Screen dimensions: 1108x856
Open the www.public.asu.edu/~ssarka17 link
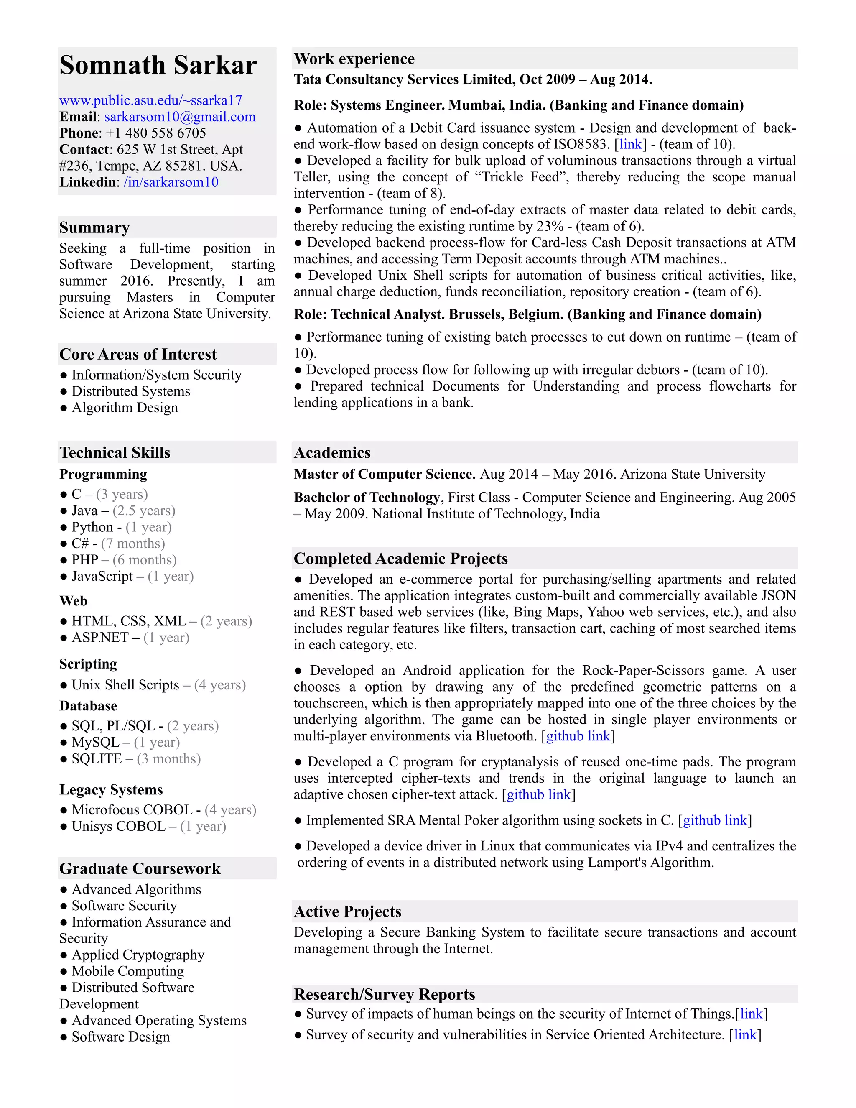click(150, 100)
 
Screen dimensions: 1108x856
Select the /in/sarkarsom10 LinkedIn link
click(171, 182)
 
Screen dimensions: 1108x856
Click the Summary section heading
click(94, 227)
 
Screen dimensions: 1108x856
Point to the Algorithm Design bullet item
click(124, 408)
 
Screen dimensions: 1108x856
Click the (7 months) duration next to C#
click(133, 544)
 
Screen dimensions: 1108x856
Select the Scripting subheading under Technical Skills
click(88, 664)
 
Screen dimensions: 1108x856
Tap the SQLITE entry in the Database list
click(97, 759)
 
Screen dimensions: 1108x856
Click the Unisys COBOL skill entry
click(118, 827)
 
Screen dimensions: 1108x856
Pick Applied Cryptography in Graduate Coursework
click(138, 955)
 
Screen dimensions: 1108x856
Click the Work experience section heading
click(354, 59)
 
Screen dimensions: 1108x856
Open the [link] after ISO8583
click(630, 145)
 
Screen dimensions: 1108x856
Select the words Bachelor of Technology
click(367, 498)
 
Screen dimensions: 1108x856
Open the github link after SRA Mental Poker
click(715, 820)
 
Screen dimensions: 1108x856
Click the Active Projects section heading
click(347, 911)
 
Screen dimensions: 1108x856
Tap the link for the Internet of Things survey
click(751, 1014)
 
